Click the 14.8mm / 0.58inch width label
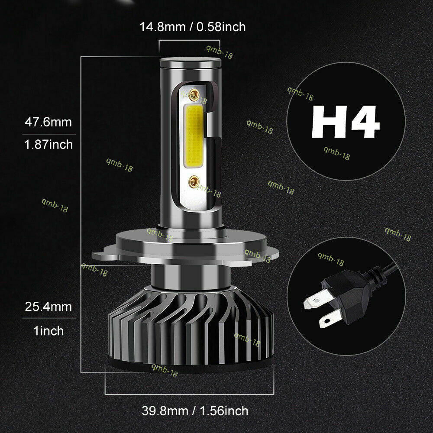point(192,27)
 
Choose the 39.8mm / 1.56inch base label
point(195,410)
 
